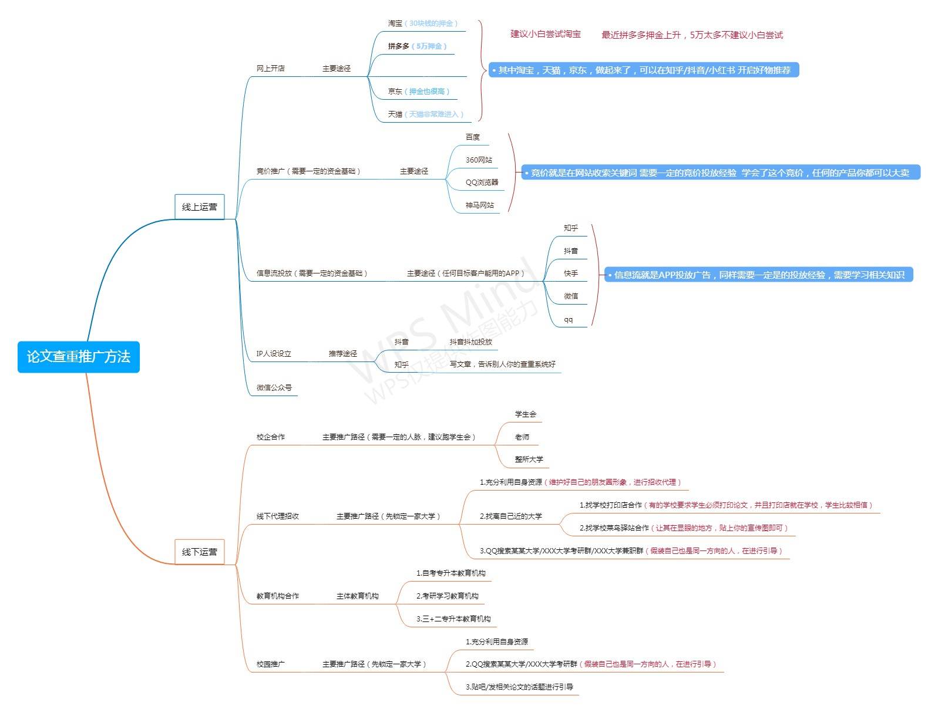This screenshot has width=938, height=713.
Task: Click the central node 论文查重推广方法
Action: click(x=78, y=357)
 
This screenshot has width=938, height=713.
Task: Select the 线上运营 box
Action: click(x=200, y=207)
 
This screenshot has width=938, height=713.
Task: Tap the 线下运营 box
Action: click(x=200, y=552)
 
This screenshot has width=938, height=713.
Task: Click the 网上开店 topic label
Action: click(x=271, y=69)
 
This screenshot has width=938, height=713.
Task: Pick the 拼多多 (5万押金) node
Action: click(x=417, y=46)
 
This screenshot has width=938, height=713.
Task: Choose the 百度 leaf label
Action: click(x=473, y=137)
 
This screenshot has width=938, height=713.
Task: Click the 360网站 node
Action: click(x=479, y=160)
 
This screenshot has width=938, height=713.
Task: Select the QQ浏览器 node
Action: click(x=482, y=183)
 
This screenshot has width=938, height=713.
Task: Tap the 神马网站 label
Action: click(x=480, y=205)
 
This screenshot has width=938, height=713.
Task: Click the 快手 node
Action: click(x=571, y=273)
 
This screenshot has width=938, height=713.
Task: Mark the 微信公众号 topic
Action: click(x=274, y=388)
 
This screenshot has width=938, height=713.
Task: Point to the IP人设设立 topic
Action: click(x=274, y=354)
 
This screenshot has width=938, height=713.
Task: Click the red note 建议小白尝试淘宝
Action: click(x=546, y=34)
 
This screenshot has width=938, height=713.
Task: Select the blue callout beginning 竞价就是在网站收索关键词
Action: click(x=720, y=173)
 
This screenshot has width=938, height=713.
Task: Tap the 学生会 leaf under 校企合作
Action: click(x=526, y=414)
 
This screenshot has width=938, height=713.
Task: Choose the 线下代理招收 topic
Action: click(x=278, y=516)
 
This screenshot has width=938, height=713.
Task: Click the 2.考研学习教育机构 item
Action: click(x=448, y=596)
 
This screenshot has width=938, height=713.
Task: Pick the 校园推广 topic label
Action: click(x=271, y=664)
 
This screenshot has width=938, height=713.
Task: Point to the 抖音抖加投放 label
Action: click(x=471, y=342)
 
